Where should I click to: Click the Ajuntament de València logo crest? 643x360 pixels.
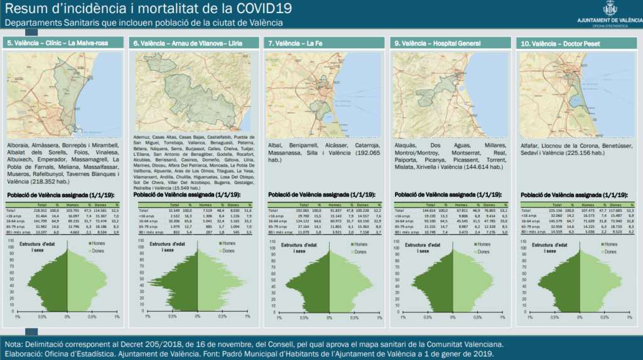(x=608, y=9)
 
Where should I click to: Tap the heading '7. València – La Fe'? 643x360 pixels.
(x=294, y=43)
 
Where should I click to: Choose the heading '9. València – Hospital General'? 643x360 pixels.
(x=438, y=43)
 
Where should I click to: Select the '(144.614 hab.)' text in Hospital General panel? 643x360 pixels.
(x=480, y=168)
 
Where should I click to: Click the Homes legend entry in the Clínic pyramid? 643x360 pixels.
(x=94, y=243)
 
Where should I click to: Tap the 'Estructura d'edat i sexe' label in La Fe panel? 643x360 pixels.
(x=302, y=247)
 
